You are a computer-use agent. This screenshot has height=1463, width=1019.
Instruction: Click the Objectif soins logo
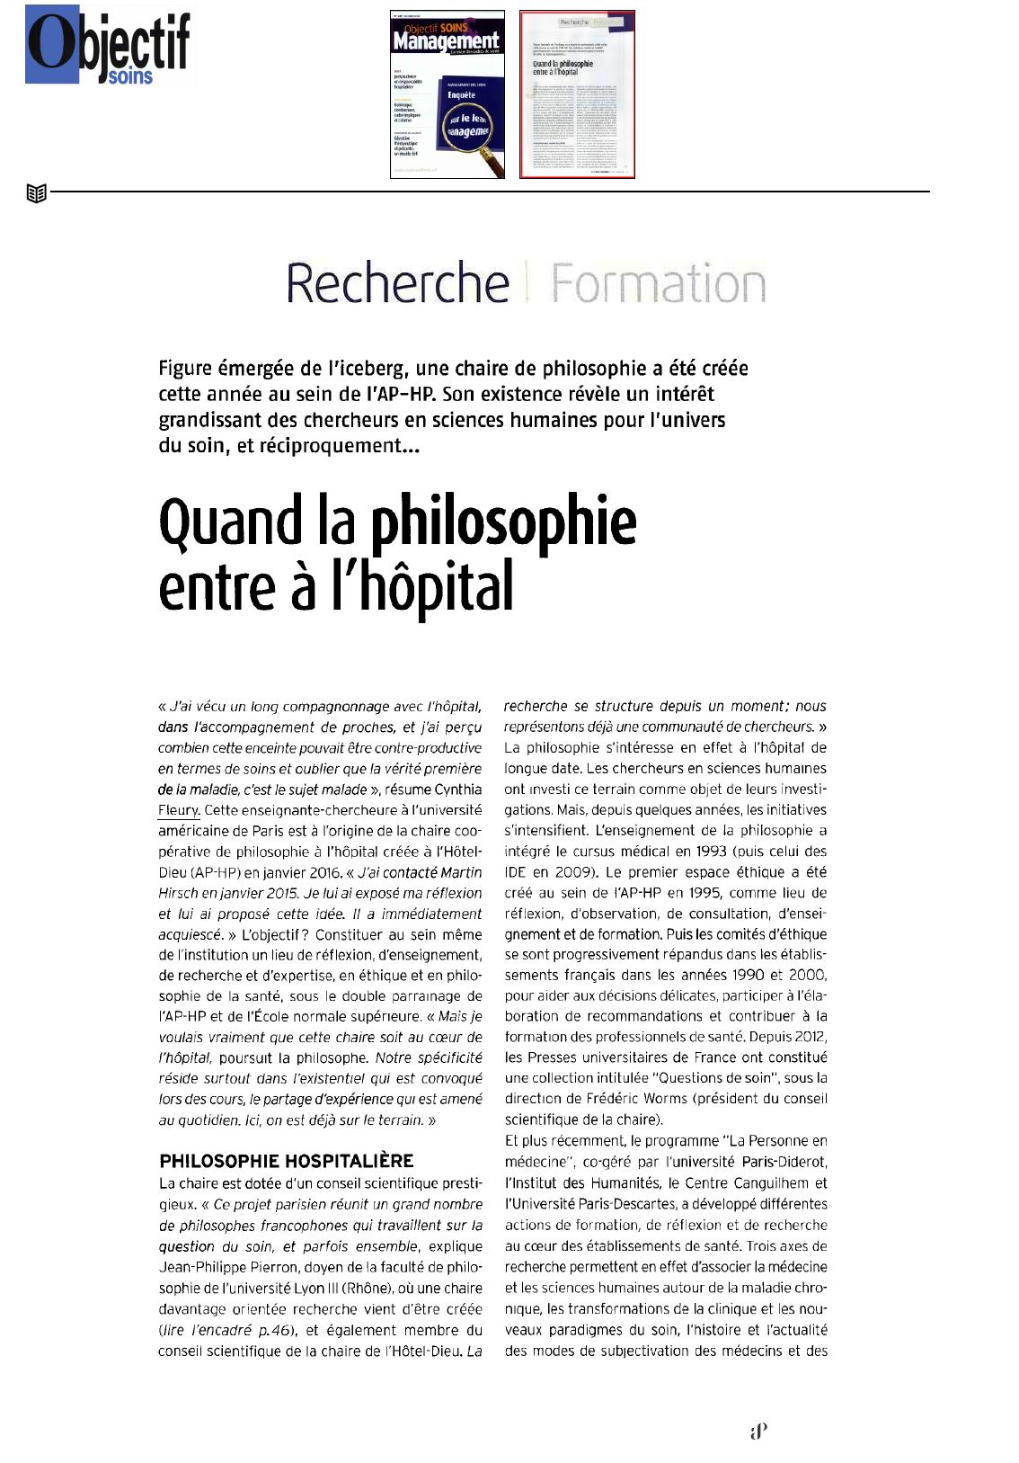click(x=108, y=45)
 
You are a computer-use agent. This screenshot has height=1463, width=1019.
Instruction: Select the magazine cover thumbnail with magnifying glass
click(x=447, y=94)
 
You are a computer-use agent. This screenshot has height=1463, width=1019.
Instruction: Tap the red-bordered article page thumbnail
click(x=577, y=94)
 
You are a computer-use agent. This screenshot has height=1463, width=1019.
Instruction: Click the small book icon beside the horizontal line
click(x=36, y=192)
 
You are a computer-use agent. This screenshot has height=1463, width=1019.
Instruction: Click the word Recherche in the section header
click(x=397, y=283)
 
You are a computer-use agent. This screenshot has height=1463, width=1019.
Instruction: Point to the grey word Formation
click(x=658, y=283)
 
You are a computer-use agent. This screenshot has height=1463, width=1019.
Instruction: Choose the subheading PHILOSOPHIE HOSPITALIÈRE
click(x=286, y=1161)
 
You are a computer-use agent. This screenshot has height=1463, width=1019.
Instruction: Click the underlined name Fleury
click(x=178, y=810)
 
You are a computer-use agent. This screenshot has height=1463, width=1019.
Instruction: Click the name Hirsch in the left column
click(x=178, y=893)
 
